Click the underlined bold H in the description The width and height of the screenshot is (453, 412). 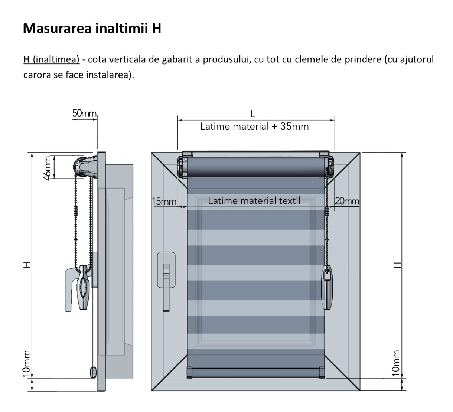[x=26, y=59]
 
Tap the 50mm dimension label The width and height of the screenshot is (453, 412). [x=84, y=113]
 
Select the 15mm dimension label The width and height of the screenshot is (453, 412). [x=164, y=201]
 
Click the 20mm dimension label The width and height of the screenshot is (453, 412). [x=347, y=201]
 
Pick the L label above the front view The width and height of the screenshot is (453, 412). [x=253, y=114]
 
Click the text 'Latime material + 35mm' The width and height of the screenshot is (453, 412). [x=254, y=127]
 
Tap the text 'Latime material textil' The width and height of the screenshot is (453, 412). [x=254, y=201]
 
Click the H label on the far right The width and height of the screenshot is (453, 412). [x=397, y=265]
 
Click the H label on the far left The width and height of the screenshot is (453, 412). [x=26, y=265]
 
